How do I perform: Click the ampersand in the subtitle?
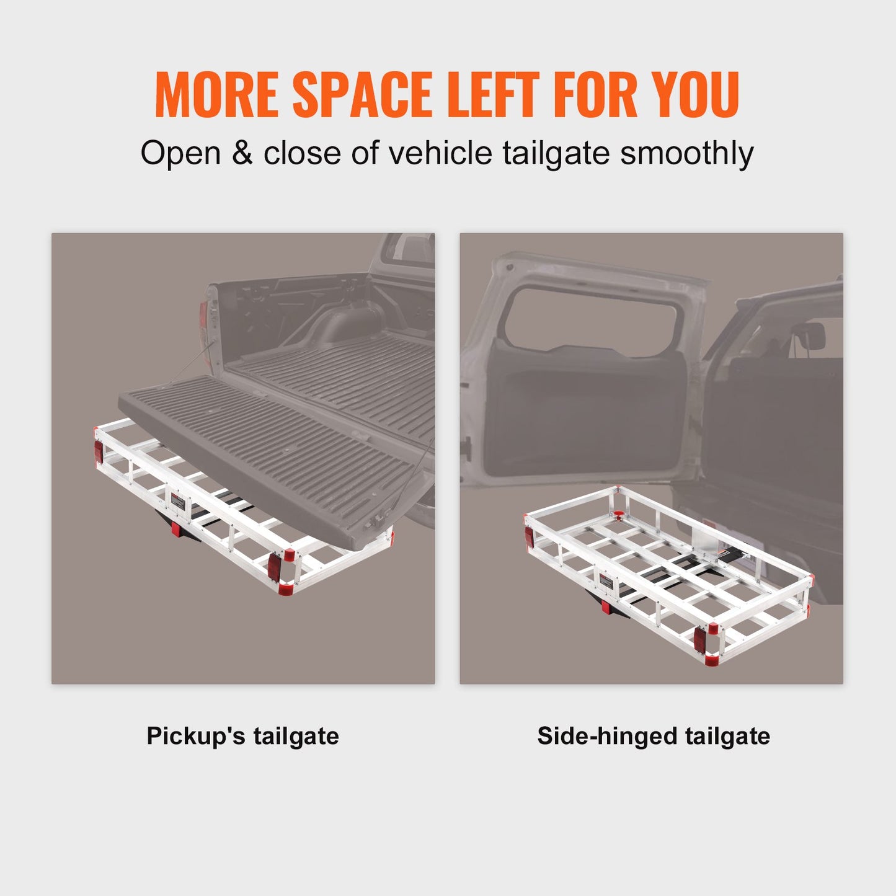click(x=242, y=153)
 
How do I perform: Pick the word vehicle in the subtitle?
click(x=440, y=153)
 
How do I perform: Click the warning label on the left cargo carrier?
click(x=178, y=501)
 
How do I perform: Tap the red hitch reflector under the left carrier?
click(x=176, y=529)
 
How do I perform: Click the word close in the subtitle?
click(x=302, y=153)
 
